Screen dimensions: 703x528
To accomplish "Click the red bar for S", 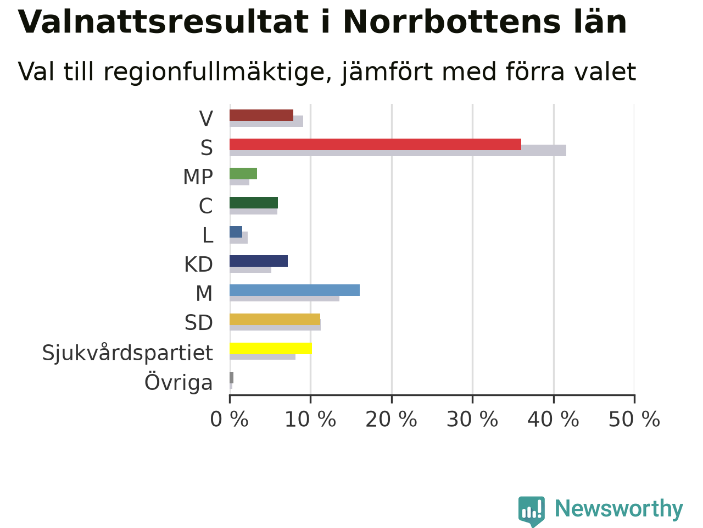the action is coord(375,144).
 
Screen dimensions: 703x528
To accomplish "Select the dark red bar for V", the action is coord(261,115).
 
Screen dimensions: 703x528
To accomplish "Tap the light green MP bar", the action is coord(243,173).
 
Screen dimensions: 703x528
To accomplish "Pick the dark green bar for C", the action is coord(254,202).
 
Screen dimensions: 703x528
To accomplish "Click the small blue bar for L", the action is coord(236,232).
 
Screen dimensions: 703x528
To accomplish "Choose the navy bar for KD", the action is coord(259,261).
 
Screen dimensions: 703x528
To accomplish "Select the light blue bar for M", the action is coord(294,290).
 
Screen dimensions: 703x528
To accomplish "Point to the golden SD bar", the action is coord(275,320).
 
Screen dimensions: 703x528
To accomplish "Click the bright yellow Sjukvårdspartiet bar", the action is coord(271,349).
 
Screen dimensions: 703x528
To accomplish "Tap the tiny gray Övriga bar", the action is coord(231,378).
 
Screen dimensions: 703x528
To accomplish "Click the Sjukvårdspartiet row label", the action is coord(127,353).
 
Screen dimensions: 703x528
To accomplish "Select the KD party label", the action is coord(199,265).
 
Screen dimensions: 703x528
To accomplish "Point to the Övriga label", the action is coord(178,382).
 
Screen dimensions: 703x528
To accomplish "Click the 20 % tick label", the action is coord(392,419).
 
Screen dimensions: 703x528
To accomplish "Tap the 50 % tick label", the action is coord(634,419).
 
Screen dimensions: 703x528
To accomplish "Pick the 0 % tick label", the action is coord(230,419).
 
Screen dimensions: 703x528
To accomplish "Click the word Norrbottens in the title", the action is coord(452,22).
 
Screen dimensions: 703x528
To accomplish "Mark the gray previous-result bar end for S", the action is coord(566,150).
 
